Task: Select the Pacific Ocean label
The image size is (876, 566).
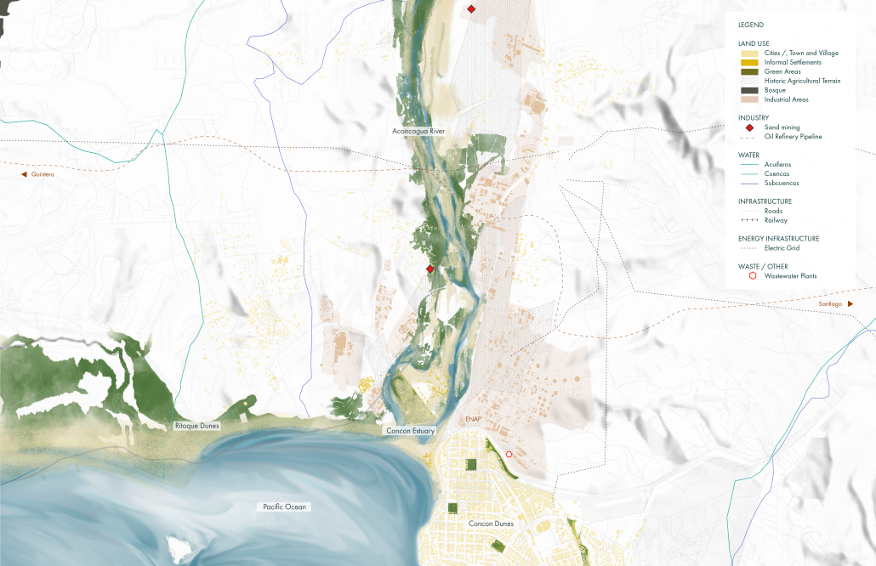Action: coord(284,507)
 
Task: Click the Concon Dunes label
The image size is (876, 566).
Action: coord(492,524)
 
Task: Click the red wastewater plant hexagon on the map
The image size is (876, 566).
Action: coord(509,455)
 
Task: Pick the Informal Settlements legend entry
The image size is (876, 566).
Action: coord(793,62)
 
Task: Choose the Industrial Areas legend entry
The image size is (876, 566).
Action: coord(786,99)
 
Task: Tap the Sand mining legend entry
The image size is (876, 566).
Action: coord(782,127)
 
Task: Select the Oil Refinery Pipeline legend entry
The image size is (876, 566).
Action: coord(793,137)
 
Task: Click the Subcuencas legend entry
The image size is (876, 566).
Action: coord(781,183)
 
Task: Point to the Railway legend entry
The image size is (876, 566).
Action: coord(776,220)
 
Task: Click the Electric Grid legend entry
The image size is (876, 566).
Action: coord(782,248)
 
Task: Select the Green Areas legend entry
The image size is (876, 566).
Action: coord(782,71)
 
